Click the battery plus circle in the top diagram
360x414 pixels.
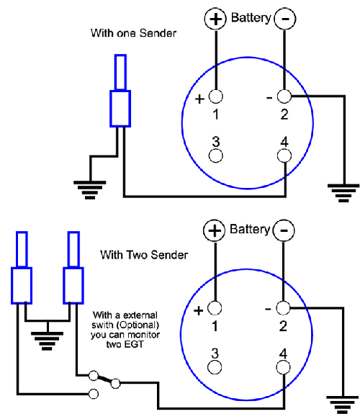[x=215, y=19]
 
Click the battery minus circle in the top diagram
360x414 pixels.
[x=284, y=19]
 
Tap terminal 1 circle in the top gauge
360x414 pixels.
[x=216, y=96]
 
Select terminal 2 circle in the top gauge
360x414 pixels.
[x=284, y=96]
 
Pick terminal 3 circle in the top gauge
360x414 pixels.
[x=216, y=156]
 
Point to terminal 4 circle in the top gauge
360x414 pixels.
[x=284, y=156]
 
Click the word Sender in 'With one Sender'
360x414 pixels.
[x=158, y=33]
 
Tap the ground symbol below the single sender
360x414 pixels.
[x=90, y=190]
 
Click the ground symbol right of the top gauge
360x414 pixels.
[x=343, y=193]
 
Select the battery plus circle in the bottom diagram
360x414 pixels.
[x=215, y=230]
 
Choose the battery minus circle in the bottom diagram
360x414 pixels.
[x=284, y=230]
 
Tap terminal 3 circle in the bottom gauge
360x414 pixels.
[x=215, y=367]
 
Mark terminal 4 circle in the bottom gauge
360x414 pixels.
[x=284, y=367]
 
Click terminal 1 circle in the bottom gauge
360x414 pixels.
[x=215, y=308]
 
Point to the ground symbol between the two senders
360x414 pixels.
[x=48, y=341]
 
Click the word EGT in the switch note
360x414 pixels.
[x=135, y=344]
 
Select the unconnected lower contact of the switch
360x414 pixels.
[x=93, y=394]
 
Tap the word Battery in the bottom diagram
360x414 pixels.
[x=250, y=229]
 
